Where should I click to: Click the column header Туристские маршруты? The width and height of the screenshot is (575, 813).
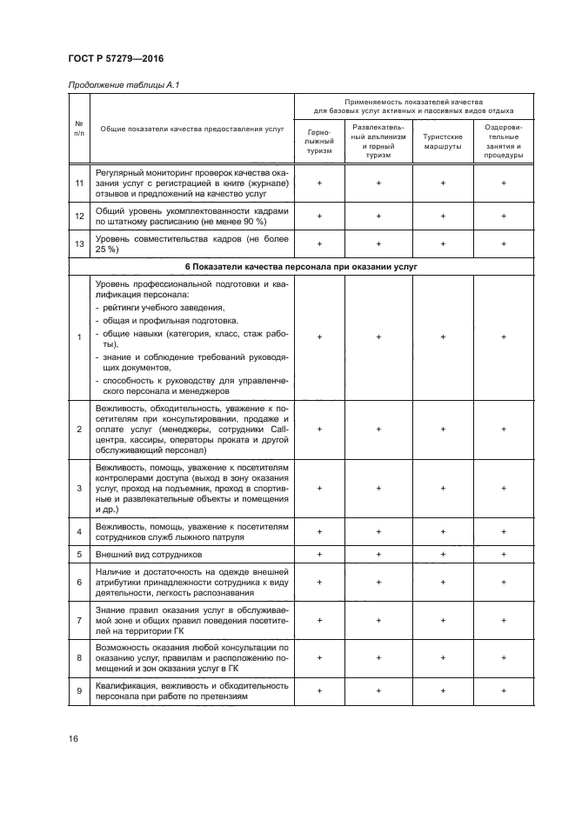tap(442, 141)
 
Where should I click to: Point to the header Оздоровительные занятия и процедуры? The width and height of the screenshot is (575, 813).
tap(504, 141)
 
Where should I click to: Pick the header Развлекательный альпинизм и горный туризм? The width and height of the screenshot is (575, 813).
tap(379, 141)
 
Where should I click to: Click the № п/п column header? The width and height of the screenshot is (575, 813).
tap(79, 128)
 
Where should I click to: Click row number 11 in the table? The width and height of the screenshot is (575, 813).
tap(79, 184)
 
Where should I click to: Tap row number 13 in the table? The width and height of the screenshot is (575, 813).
tap(79, 243)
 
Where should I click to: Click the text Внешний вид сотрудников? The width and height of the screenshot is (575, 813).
tap(149, 553)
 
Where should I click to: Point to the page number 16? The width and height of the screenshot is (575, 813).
tap(74, 738)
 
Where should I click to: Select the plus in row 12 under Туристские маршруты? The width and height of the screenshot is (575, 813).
tap(442, 215)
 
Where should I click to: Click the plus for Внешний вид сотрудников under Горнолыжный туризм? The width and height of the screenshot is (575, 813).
tap(319, 553)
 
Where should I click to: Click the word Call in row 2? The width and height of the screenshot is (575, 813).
tap(279, 429)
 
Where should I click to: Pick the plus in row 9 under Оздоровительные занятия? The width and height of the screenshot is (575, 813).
tap(504, 690)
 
